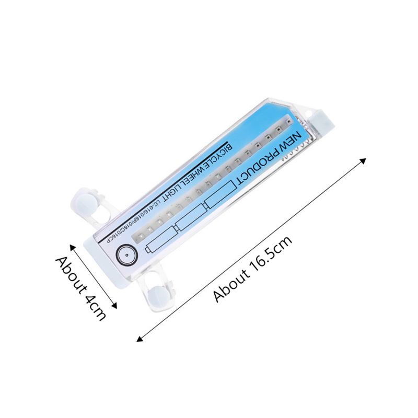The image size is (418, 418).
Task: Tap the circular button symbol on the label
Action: [127, 254]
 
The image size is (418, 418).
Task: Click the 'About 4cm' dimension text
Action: [80, 288]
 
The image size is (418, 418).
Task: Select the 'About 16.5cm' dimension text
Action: [252, 269]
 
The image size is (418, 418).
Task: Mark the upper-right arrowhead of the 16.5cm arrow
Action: [364, 160]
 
